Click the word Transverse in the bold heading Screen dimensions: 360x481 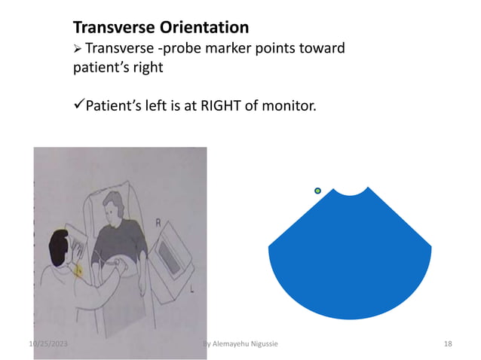114,29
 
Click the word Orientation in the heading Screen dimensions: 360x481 204,29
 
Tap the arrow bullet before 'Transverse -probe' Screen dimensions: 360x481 78,50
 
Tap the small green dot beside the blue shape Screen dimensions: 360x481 317,191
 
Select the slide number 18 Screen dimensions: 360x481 448,344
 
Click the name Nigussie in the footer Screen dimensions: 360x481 259,344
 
